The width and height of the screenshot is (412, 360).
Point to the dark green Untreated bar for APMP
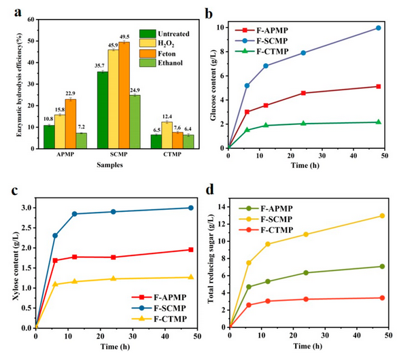point(49,135)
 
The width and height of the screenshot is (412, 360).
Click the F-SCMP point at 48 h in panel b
point(378,28)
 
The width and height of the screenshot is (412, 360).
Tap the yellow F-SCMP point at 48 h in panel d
point(382,215)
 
